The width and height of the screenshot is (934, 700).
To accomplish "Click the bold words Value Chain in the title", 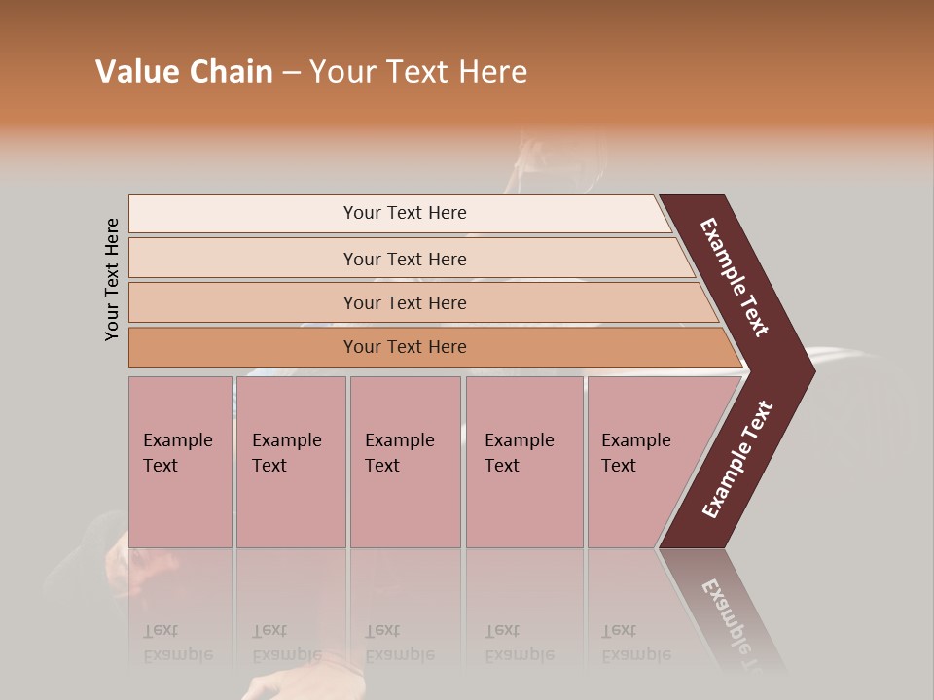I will point(184,72).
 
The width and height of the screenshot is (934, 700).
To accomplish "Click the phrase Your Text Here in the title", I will point(418,72).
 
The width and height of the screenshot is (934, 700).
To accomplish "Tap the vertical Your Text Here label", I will point(113,279).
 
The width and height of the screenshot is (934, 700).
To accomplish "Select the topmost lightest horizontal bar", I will point(404,213).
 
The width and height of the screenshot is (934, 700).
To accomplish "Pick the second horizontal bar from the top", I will point(404,259).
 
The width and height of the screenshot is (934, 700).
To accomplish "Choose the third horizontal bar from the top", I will point(404,302).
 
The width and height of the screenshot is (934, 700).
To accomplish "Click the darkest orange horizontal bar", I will point(404,347).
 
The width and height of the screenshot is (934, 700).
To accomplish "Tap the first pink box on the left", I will point(180,462).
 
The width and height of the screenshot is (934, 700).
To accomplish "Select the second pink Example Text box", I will point(290,462).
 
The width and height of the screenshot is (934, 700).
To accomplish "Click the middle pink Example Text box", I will point(404,462).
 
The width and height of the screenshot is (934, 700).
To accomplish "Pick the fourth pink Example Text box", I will point(523,462).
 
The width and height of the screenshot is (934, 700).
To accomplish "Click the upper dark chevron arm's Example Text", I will point(735,277).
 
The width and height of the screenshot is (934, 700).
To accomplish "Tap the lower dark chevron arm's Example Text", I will point(736,460).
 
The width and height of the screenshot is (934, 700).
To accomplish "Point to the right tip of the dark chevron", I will point(812,370).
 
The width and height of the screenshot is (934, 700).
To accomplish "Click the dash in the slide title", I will point(291,73).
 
